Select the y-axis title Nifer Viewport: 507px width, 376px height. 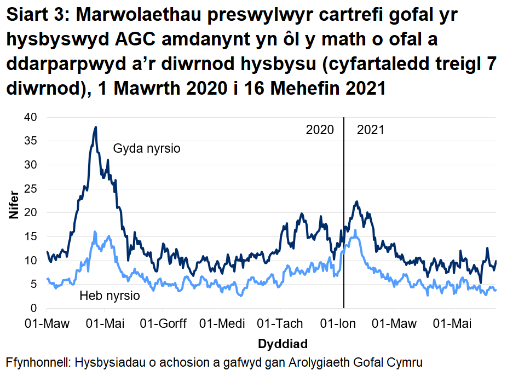pos(14,205)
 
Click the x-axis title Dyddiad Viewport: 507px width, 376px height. pos(282,344)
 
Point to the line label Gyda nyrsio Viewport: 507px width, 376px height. pos(147,148)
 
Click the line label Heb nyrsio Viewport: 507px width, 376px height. pos(110,296)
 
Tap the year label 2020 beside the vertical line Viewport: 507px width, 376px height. pos(320,130)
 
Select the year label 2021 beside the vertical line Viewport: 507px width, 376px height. pos(370,130)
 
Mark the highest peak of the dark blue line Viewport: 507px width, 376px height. pos(96,127)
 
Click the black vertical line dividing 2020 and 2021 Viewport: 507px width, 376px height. pos(344,219)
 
